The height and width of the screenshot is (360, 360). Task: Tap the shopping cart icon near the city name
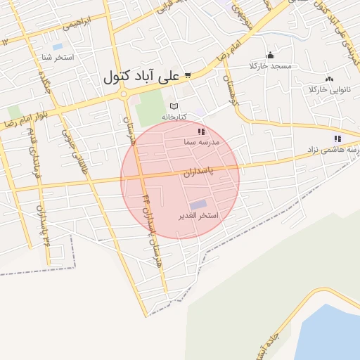click(x=188, y=75)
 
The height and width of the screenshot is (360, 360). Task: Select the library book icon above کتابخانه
click(x=174, y=106)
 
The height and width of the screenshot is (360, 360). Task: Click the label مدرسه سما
click(x=202, y=142)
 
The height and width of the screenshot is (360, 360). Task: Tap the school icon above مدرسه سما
click(x=201, y=131)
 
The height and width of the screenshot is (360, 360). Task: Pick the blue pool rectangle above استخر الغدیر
click(x=198, y=204)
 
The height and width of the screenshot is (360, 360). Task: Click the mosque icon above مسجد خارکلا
click(x=270, y=56)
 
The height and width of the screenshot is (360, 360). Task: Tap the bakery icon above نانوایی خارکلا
click(x=329, y=79)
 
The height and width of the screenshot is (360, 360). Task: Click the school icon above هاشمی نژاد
click(x=337, y=139)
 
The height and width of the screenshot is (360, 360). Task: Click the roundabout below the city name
click(x=124, y=94)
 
